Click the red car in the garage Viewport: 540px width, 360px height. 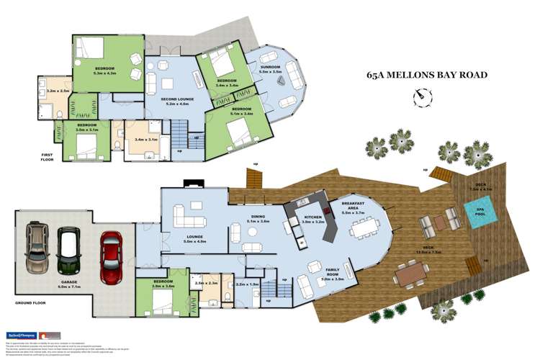[111, 256]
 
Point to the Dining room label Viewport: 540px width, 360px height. [257, 218]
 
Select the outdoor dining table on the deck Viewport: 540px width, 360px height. [411, 274]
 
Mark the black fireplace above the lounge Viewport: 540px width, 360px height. [191, 184]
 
